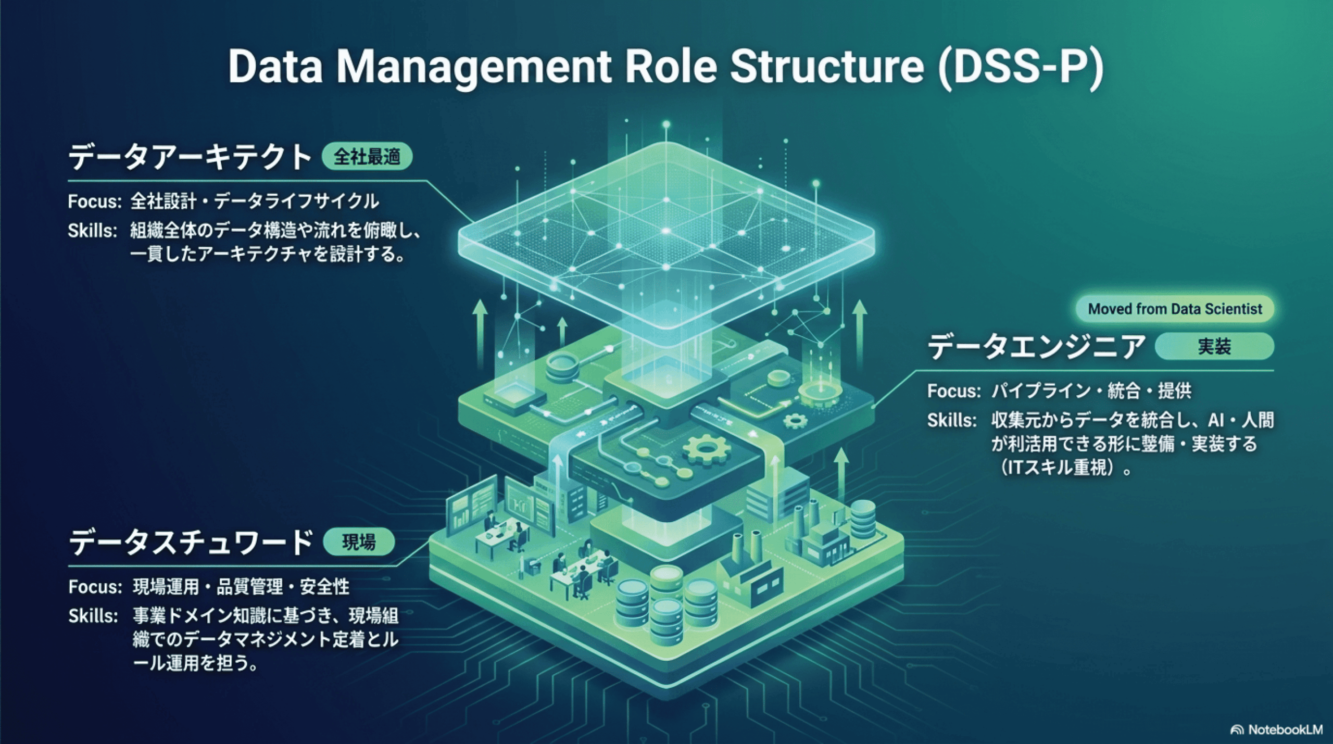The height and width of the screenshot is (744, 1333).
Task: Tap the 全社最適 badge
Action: tap(367, 157)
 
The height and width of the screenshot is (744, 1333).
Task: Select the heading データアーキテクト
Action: tap(190, 157)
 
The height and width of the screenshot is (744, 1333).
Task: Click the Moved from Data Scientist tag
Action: tap(1175, 309)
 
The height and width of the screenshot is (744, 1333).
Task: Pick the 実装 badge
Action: tap(1214, 346)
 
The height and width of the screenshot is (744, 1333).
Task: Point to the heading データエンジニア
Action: tap(1036, 347)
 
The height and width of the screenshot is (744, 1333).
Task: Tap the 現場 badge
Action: tap(359, 542)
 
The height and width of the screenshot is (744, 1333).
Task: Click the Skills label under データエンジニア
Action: tap(952, 420)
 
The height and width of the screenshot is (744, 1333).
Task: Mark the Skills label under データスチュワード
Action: tap(93, 616)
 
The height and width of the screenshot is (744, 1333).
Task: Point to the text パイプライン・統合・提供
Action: tap(1091, 390)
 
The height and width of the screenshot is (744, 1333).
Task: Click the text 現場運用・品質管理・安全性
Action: tap(241, 587)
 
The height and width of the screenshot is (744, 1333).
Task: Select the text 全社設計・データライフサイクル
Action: tap(255, 201)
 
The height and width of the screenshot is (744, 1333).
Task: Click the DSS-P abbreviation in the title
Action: tap(1021, 67)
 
